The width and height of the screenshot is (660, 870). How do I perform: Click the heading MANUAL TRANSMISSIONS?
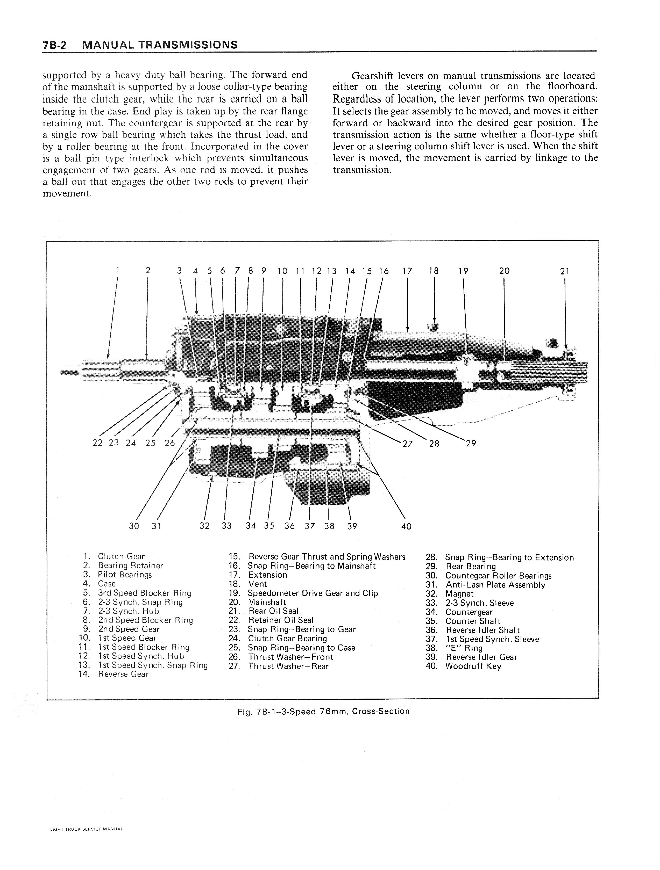pos(160,45)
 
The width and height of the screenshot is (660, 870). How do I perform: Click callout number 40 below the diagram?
pos(406,526)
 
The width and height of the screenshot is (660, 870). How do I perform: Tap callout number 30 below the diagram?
pos(134,526)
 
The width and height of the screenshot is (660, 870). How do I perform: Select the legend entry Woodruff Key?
pos(473,666)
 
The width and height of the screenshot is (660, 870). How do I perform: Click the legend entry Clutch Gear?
pos(121,556)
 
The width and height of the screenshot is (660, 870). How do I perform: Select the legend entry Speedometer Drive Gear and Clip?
pos(313,593)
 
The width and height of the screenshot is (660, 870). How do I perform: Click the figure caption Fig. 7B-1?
pos(323,711)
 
